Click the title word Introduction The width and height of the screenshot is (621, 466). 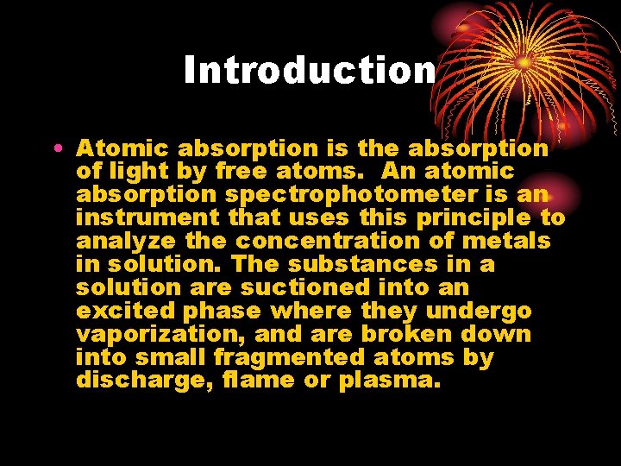(309, 70)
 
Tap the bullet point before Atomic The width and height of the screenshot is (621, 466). (56, 148)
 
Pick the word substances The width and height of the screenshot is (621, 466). (343, 265)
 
